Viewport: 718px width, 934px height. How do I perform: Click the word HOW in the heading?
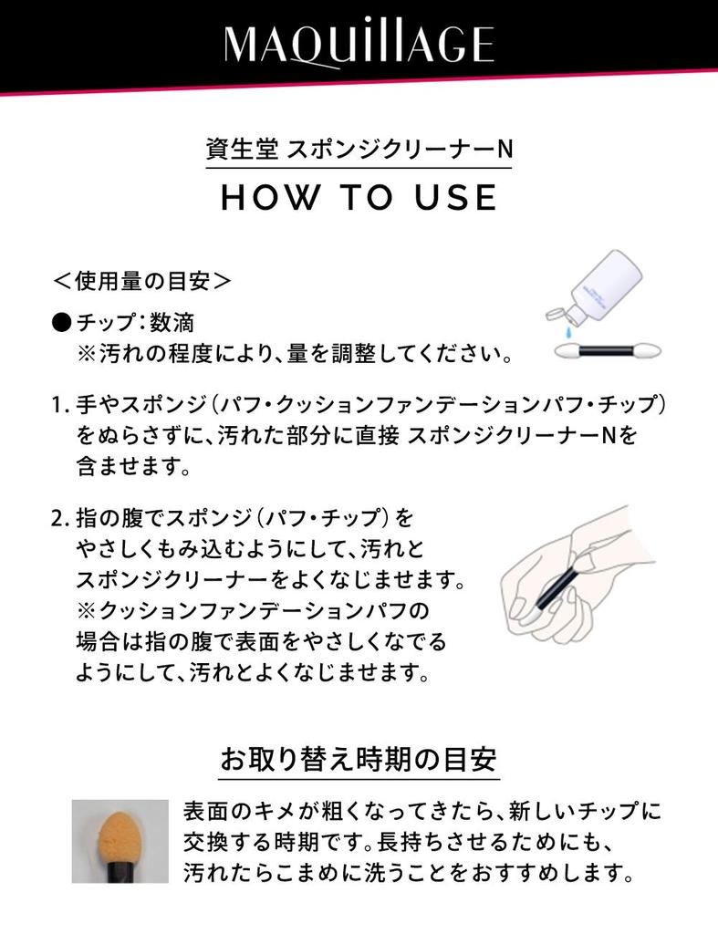pyautogui.click(x=265, y=197)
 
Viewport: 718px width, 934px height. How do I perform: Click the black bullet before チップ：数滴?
pyautogui.click(x=60, y=323)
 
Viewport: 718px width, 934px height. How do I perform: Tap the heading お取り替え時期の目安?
pyautogui.click(x=359, y=758)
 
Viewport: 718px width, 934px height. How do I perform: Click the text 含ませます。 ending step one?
pyautogui.click(x=132, y=468)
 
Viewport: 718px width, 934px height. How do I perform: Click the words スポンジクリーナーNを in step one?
pyautogui.click(x=521, y=435)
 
